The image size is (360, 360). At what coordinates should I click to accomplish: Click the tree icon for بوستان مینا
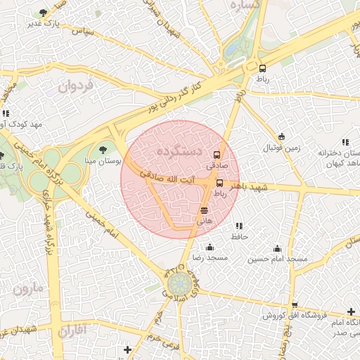click(x=103, y=149)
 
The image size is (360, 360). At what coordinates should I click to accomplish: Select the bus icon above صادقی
click(x=216, y=155)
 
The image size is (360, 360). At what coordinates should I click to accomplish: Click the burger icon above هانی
click(x=204, y=210)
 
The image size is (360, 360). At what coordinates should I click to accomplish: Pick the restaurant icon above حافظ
click(x=239, y=226)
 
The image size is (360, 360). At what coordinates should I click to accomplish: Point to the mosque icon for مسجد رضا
click(x=210, y=247)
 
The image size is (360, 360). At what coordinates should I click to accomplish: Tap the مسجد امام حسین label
click(x=277, y=259)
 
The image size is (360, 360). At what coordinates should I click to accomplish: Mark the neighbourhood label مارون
click(x=28, y=288)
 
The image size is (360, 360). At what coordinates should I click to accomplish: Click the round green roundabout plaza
click(x=178, y=285)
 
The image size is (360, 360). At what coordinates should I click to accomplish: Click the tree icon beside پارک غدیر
click(x=44, y=13)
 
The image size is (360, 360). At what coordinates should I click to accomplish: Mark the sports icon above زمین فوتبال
click(x=281, y=136)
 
